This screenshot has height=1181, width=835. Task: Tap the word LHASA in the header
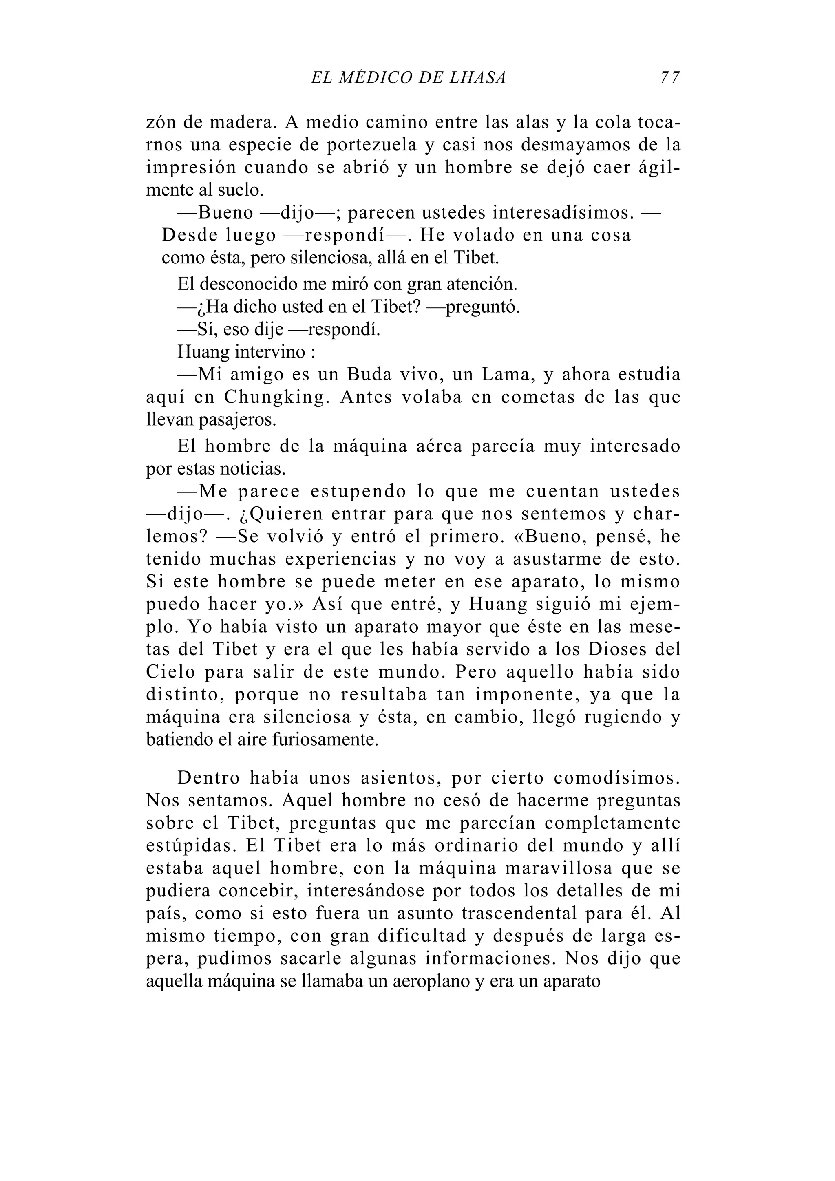click(477, 78)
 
